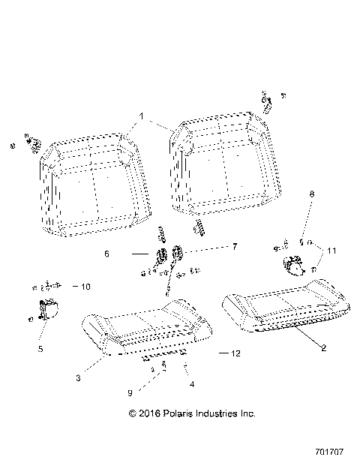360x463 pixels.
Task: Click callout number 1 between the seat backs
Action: coord(138,117)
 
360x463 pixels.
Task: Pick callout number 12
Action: coord(235,353)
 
